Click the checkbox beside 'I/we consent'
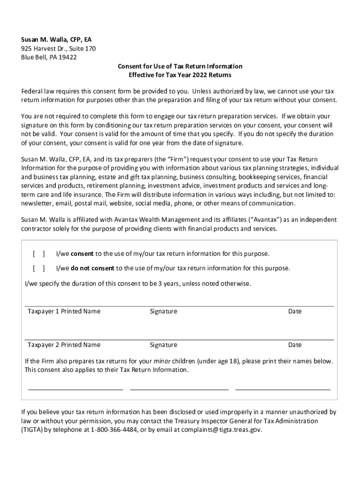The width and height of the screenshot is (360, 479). point(39,254)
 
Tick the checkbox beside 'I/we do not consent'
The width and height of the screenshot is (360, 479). point(39,269)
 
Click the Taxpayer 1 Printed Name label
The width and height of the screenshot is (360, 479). point(64,312)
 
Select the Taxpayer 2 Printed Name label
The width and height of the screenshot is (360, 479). point(64,345)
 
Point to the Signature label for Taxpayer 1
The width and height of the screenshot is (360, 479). point(163,312)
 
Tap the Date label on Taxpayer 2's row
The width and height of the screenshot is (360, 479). point(295,345)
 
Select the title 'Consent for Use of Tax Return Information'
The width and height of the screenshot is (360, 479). point(180,66)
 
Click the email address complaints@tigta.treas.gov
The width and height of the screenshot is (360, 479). point(221,430)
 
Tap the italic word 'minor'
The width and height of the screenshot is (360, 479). point(162,362)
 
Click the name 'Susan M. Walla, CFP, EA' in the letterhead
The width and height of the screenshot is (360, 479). point(59,40)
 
